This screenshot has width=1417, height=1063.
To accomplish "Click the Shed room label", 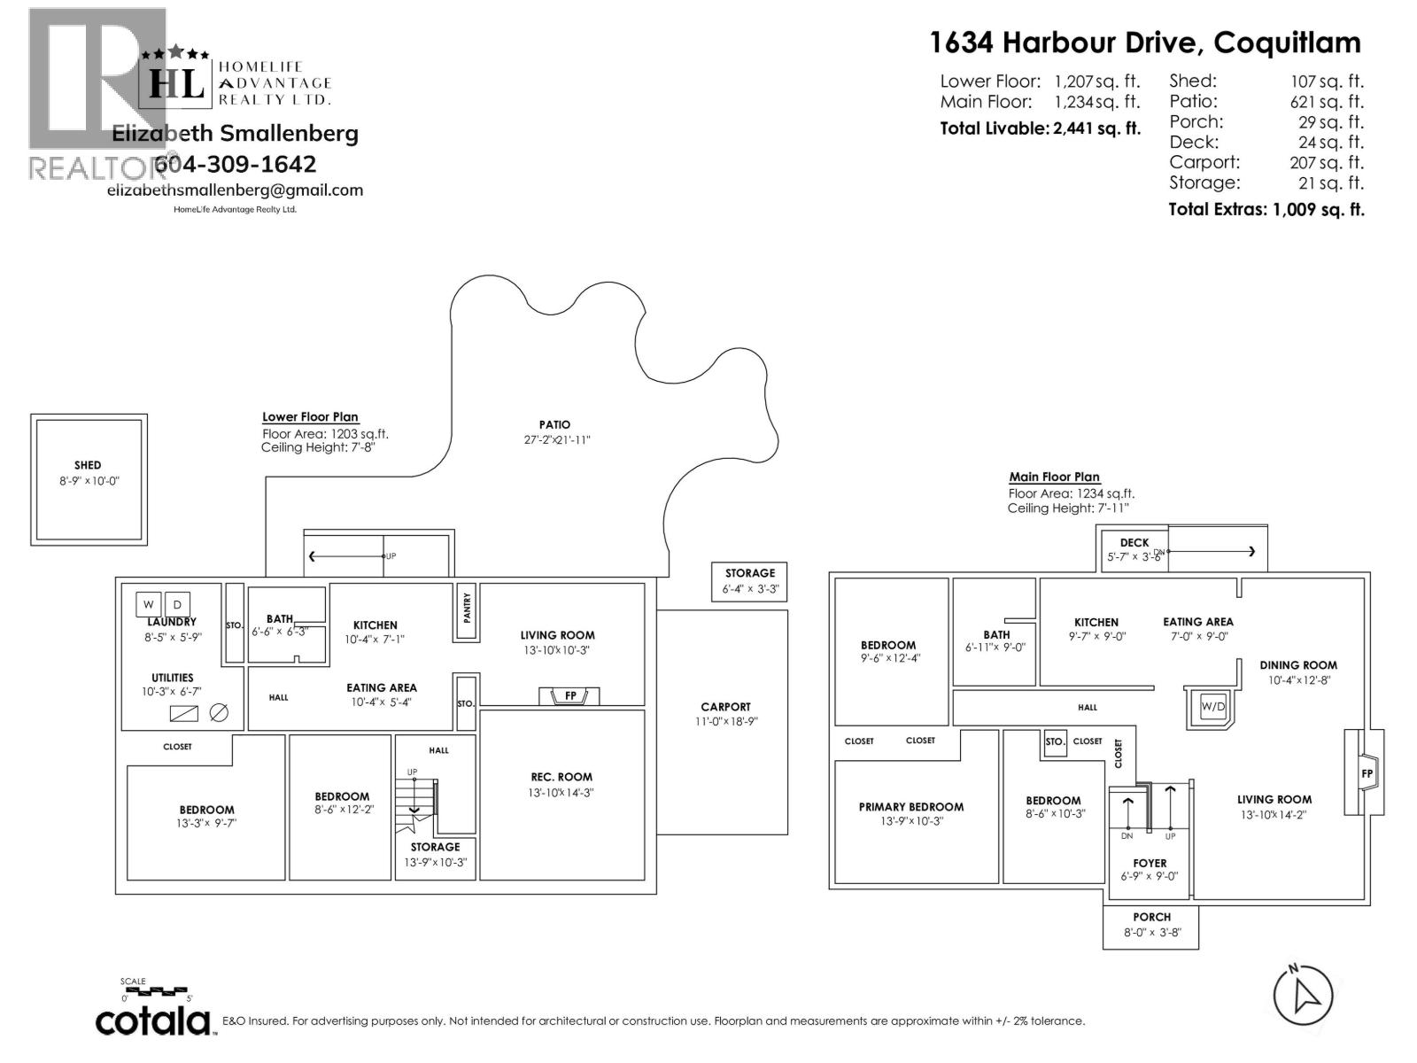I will [88, 465].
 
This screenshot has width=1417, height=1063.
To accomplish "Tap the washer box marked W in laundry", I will [149, 605].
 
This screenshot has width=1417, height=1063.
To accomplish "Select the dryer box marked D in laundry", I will [177, 605].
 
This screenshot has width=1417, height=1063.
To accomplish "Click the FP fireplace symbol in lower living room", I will [569, 696].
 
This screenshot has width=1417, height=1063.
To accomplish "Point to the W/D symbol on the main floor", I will [1212, 706].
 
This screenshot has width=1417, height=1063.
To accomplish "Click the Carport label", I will [725, 707].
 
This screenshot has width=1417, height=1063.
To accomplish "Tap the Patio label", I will [554, 424].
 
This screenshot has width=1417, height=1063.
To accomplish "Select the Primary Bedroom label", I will [910, 807].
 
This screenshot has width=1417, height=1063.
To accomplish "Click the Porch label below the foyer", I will [1151, 917].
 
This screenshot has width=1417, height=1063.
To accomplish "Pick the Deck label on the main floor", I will [1134, 543].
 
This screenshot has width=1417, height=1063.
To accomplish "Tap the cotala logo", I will [153, 1021].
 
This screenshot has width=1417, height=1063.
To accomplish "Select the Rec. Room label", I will [561, 777].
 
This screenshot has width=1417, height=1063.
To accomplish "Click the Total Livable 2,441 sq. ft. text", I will [1040, 128].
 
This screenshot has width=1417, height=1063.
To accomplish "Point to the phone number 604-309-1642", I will [235, 164].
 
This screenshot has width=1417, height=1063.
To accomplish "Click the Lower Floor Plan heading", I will [310, 417].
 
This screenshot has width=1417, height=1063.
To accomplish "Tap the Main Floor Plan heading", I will [1054, 477].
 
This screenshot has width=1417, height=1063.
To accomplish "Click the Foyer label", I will [1150, 863].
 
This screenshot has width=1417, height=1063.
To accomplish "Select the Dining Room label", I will [1298, 665].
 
